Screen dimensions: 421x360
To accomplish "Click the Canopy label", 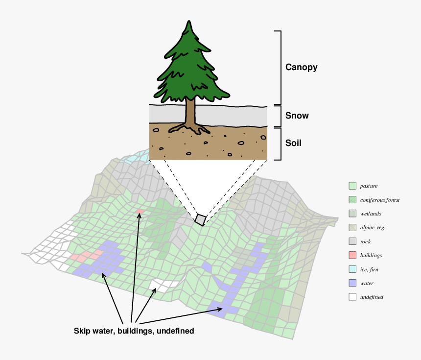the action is [x=301, y=67].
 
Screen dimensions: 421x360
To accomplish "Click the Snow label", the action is [x=297, y=116].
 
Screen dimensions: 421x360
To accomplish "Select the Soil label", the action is [x=293, y=143].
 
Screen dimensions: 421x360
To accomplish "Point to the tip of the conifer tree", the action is [x=189, y=21].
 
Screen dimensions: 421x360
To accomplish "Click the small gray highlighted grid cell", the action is [x=201, y=219].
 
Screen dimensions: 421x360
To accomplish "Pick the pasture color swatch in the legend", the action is [x=352, y=186].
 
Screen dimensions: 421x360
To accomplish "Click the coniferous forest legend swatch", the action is [x=352, y=200].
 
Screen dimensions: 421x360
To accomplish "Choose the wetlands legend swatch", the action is [x=352, y=214].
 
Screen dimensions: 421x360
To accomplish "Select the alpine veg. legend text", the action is [x=373, y=228].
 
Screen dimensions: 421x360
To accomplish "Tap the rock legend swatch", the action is [x=352, y=241].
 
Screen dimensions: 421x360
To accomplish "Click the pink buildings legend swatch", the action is [x=352, y=255].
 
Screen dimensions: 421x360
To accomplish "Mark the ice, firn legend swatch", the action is [x=352, y=269].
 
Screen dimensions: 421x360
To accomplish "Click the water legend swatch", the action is [x=352, y=283].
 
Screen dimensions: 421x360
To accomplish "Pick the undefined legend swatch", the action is [x=352, y=297].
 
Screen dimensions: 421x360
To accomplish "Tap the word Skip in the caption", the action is [x=82, y=331].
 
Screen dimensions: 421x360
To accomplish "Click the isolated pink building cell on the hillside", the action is [x=140, y=212].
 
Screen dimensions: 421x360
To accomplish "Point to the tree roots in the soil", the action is [x=189, y=129].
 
